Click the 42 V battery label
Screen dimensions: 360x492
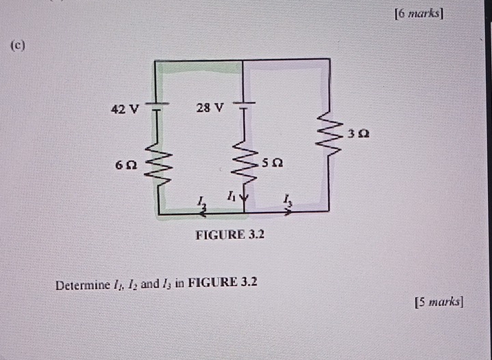coord(125,109)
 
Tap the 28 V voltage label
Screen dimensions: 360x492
coord(209,107)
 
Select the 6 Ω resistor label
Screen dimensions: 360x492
coord(126,165)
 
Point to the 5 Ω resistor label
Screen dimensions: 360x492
coord(273,164)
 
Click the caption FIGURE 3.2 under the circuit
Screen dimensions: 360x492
coord(230,235)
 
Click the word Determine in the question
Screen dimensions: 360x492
coord(83,283)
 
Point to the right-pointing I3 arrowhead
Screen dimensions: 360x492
coord(288,212)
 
